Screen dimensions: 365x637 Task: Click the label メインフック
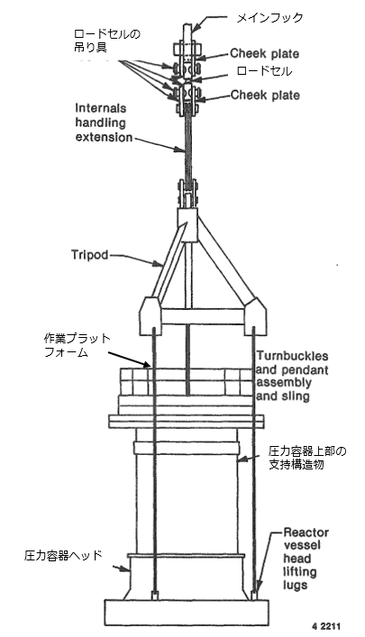(269, 18)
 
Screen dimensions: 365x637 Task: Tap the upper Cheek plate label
(265, 53)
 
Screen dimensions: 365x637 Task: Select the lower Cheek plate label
(265, 96)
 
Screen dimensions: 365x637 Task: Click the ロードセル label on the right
(264, 71)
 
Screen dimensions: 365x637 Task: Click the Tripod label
(90, 255)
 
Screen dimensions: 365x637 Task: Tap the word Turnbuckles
(292, 356)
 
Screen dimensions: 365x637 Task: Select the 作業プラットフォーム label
(78, 345)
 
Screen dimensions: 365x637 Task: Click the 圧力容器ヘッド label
(63, 555)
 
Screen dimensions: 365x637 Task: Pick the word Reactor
(306, 532)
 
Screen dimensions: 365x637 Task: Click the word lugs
(295, 586)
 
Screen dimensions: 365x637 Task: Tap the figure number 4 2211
(326, 625)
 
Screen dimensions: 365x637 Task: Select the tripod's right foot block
(256, 315)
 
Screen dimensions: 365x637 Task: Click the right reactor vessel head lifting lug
(254, 596)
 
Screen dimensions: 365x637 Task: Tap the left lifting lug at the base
(154, 596)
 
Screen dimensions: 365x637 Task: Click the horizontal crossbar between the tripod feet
(204, 316)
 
